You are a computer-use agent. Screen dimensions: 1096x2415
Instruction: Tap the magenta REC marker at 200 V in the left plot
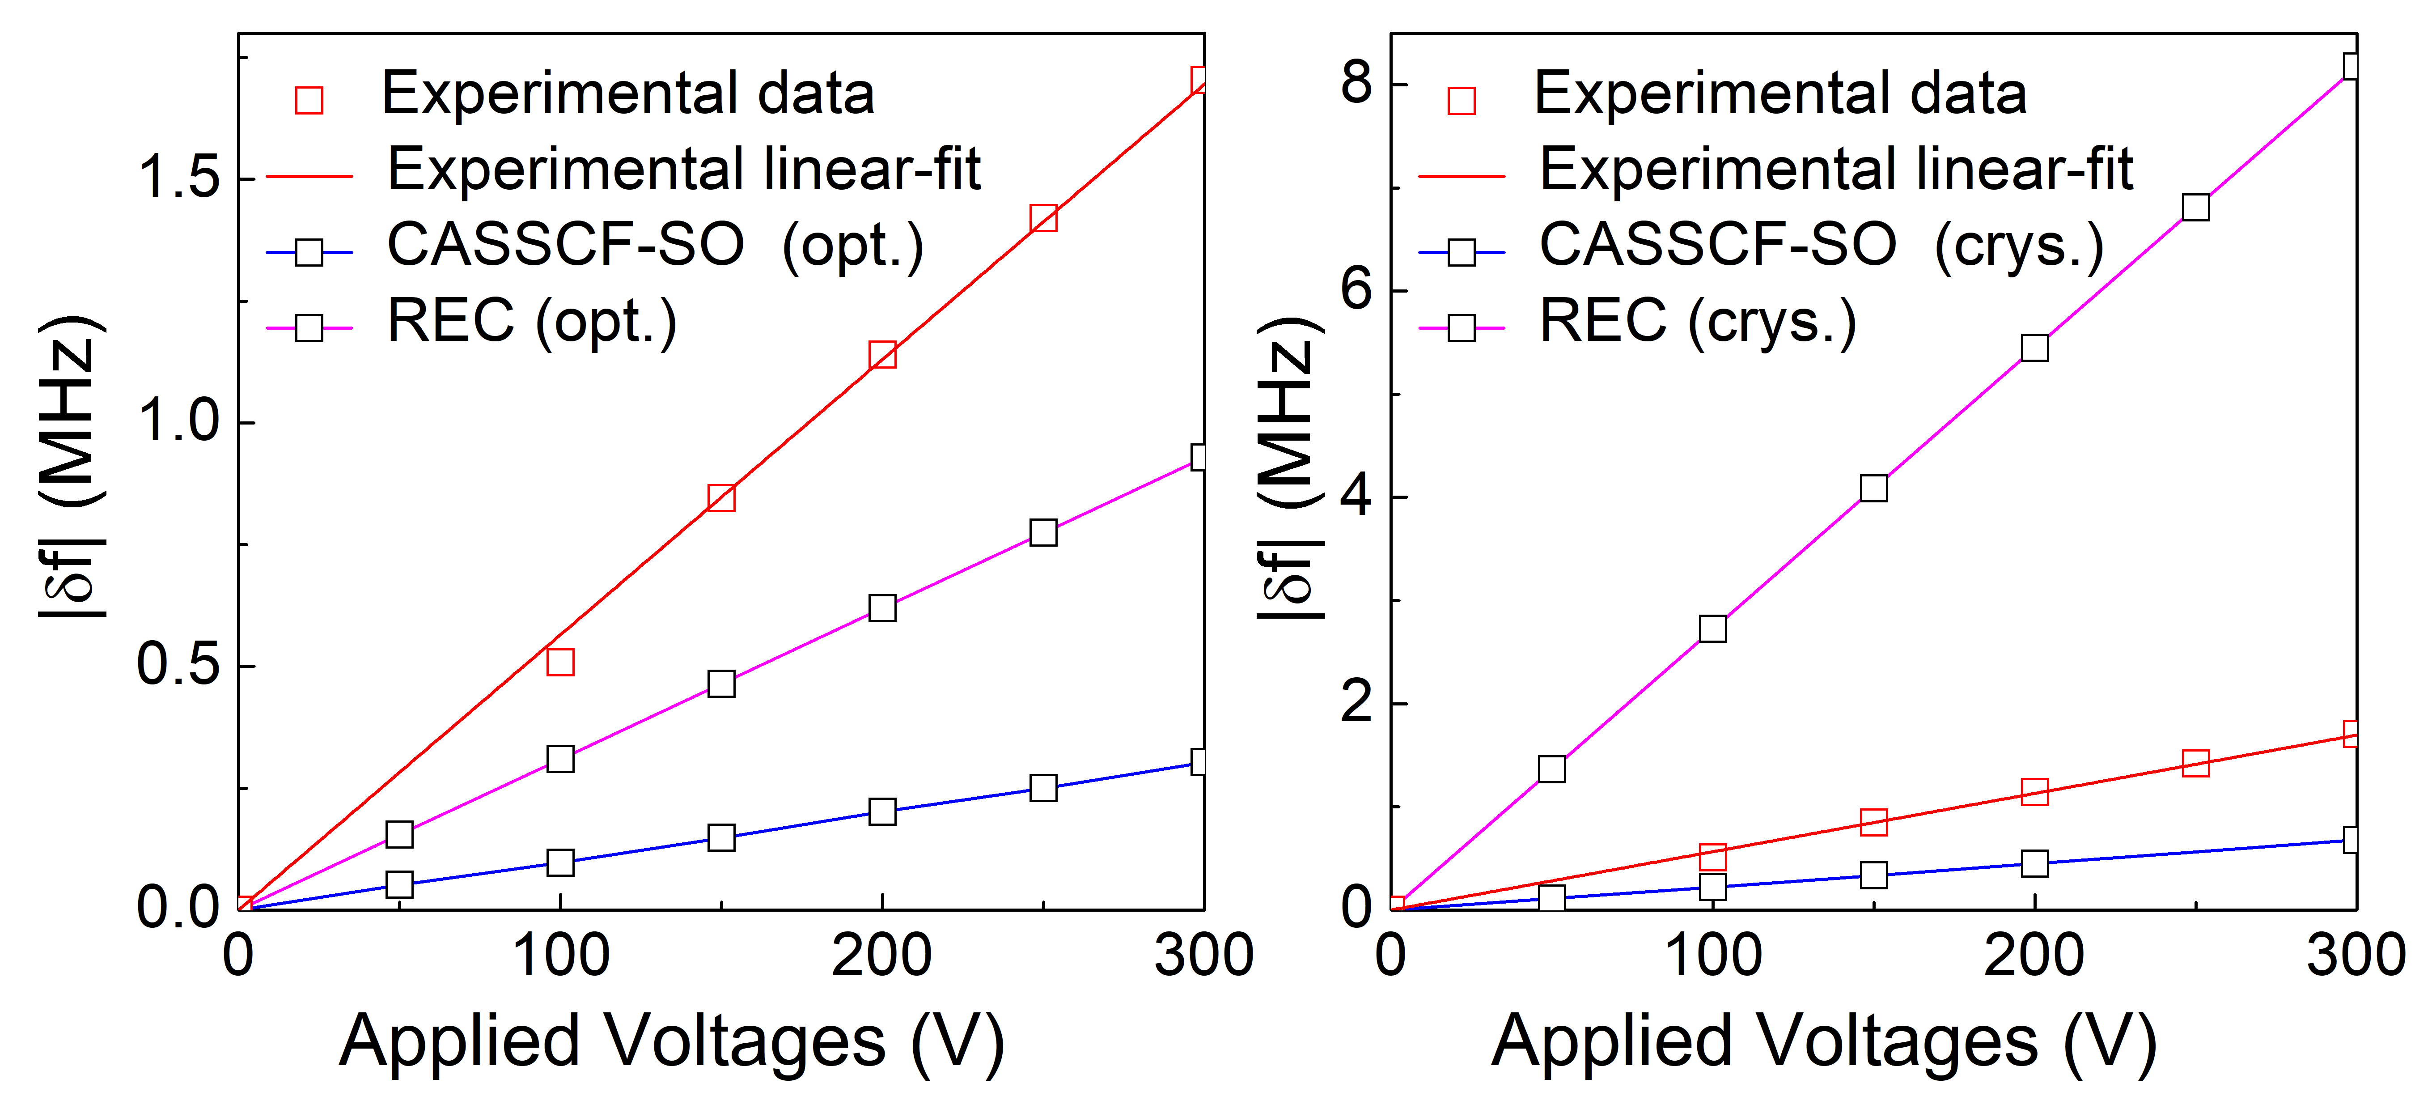882,608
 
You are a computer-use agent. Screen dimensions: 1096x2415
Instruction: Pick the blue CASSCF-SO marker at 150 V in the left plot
721,837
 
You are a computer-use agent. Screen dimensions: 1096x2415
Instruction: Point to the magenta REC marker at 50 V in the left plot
399,833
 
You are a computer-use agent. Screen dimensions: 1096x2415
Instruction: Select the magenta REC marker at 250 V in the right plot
2195,207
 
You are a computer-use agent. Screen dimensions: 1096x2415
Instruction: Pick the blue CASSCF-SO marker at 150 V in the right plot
1873,875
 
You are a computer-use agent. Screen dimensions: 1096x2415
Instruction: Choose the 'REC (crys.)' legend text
1697,323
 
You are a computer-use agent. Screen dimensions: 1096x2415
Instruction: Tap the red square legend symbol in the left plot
309,100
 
